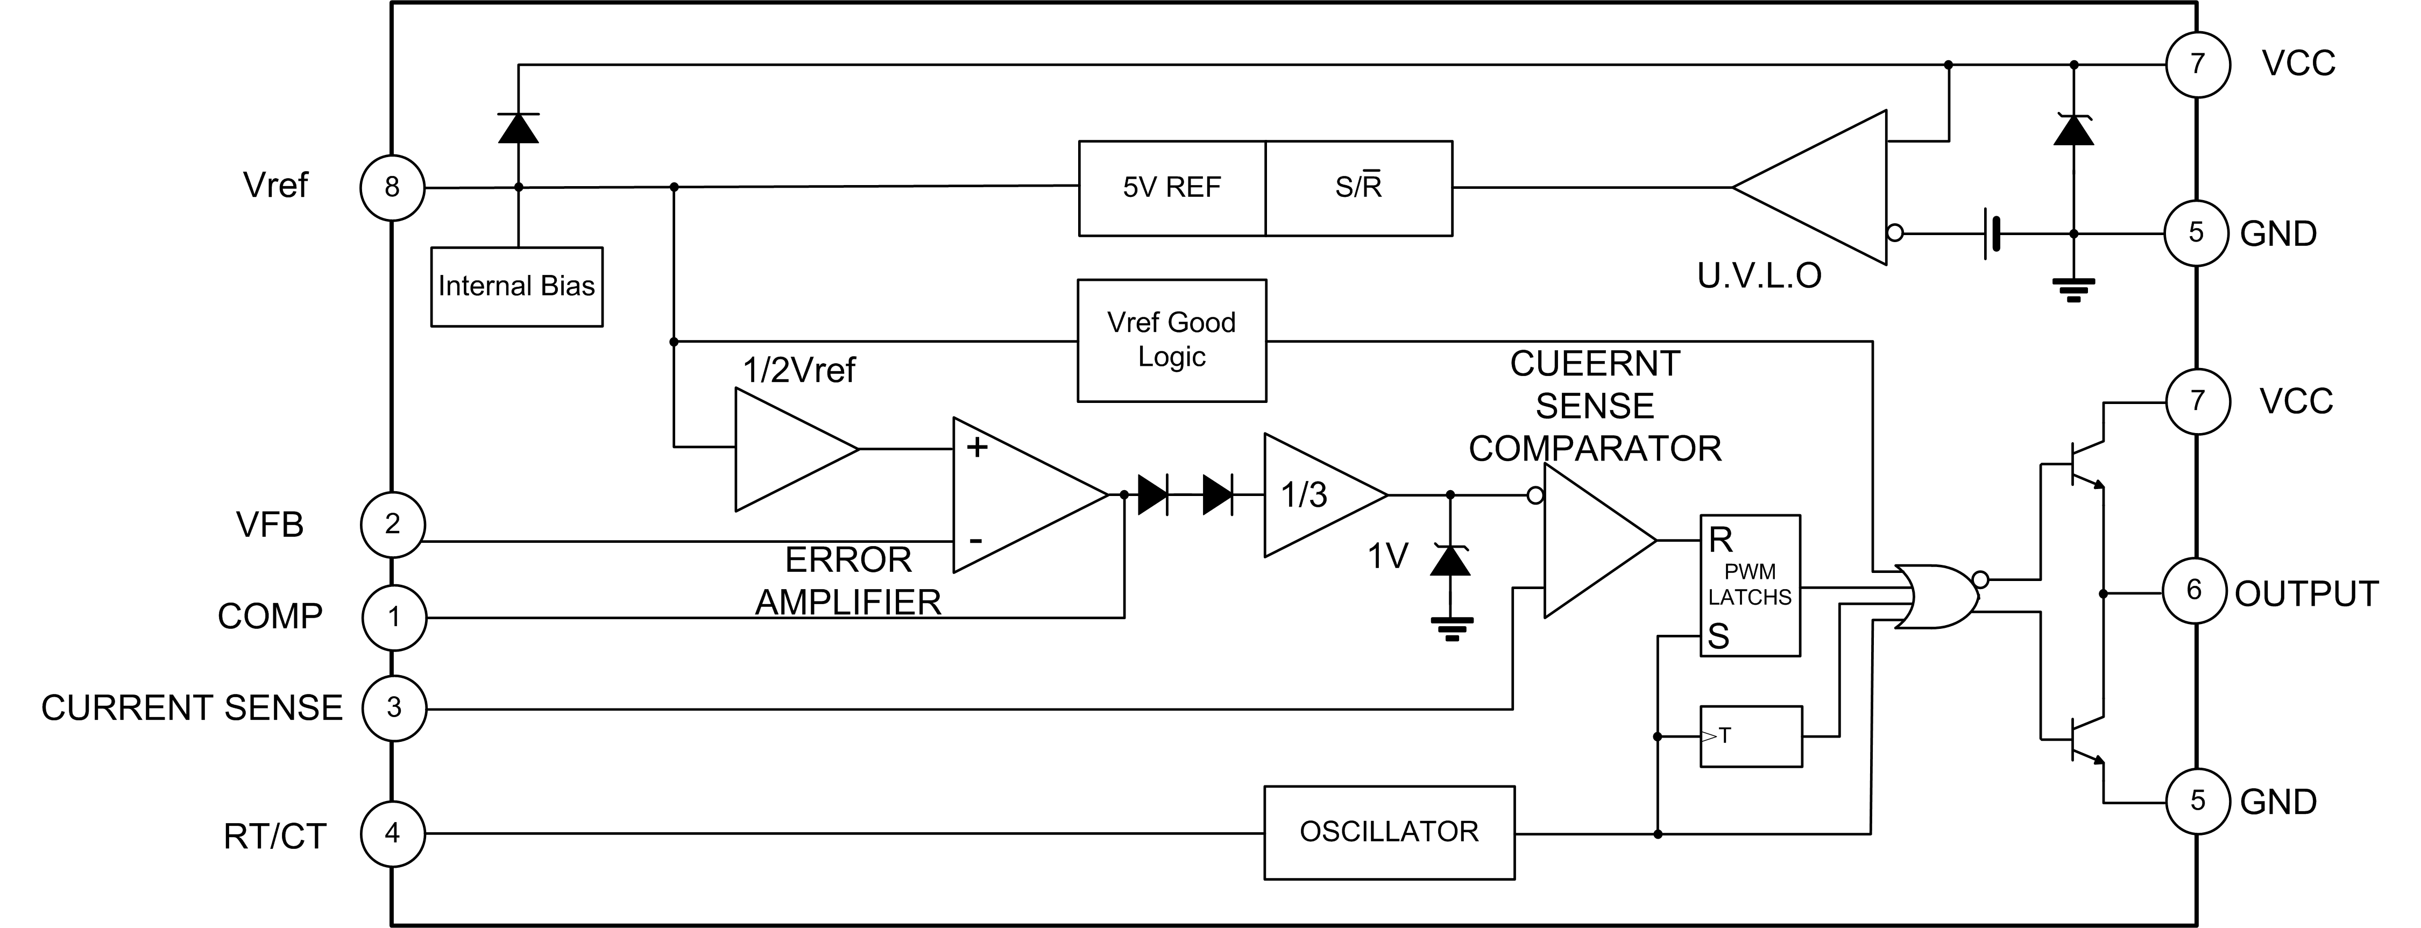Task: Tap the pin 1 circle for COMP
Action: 394,618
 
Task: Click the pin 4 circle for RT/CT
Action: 393,833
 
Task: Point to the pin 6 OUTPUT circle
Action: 2195,591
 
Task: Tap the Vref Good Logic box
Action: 1171,341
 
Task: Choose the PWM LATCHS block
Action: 1749,585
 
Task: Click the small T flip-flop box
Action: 1751,736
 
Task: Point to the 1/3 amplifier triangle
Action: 1316,494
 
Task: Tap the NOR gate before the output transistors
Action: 1936,597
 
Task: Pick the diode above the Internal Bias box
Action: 518,127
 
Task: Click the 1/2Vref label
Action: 799,371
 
